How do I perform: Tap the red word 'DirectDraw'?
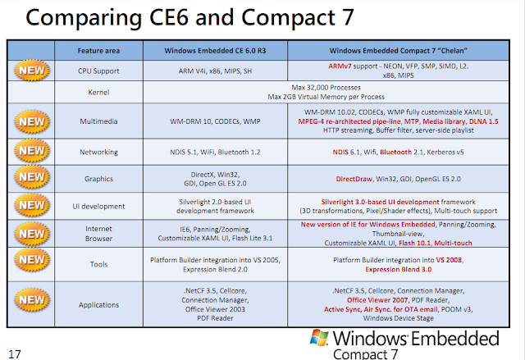[x=359, y=177]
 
